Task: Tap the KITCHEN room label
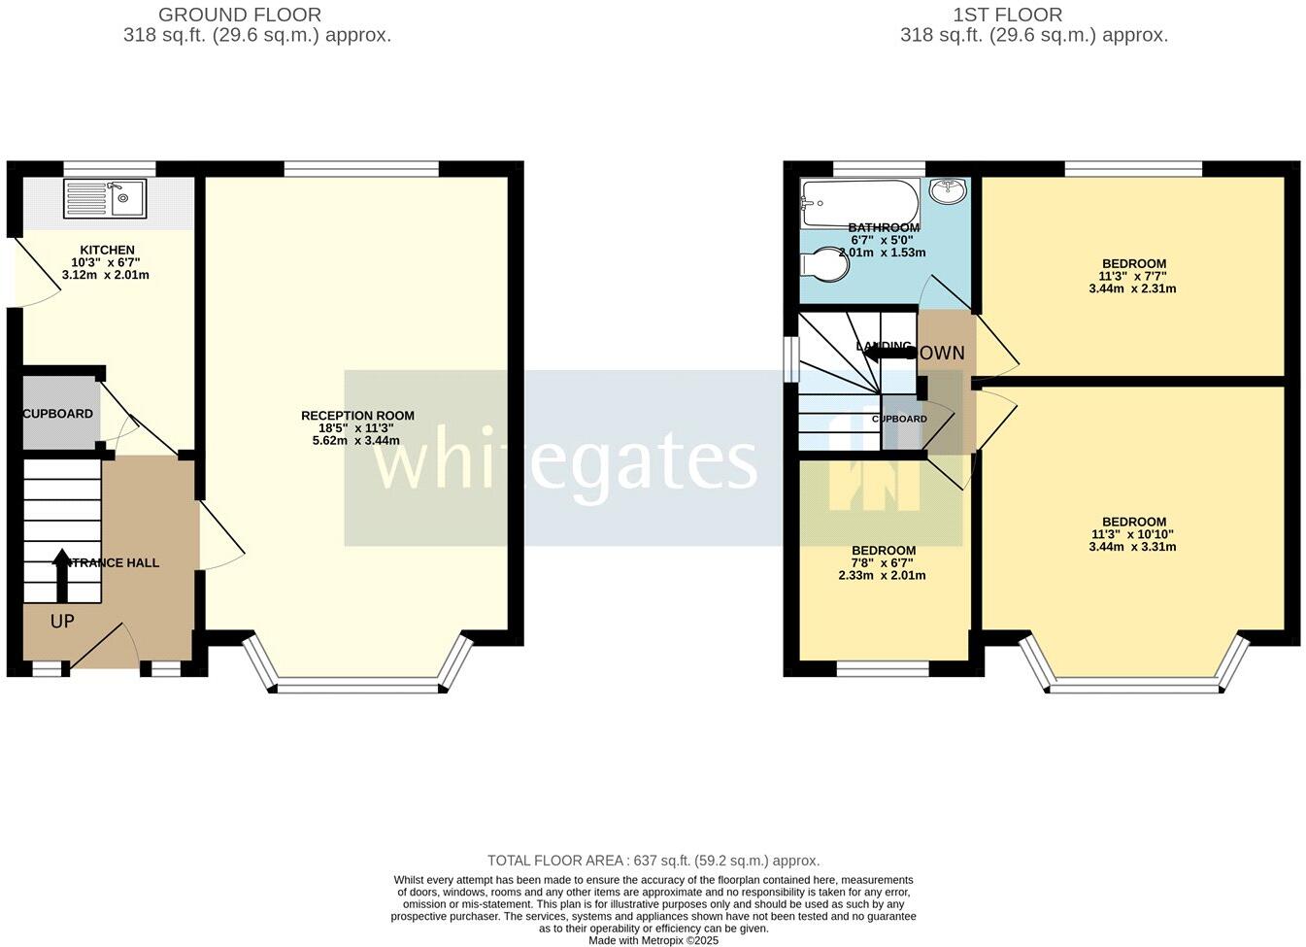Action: click(107, 250)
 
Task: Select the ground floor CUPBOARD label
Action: click(58, 414)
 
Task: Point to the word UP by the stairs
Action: click(61, 621)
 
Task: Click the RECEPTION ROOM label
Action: click(357, 416)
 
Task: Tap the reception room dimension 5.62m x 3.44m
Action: click(357, 440)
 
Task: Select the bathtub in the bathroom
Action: click(858, 203)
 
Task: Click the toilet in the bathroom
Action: click(826, 263)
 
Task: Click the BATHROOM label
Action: click(884, 227)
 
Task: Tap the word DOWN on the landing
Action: click(941, 353)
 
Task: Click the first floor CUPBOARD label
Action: click(899, 419)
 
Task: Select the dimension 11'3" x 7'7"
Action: click(1133, 276)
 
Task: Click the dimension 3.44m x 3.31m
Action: click(1133, 547)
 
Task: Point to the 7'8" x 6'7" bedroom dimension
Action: click(883, 563)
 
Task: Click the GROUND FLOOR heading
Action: click(240, 15)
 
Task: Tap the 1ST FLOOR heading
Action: click(1008, 15)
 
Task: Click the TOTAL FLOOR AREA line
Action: click(653, 861)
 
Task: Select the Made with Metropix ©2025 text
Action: click(653, 940)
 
